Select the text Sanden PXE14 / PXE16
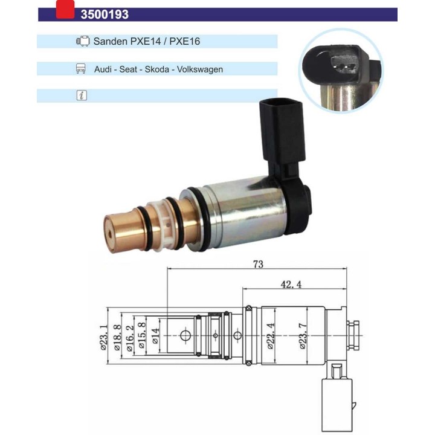pyautogui.click(x=147, y=42)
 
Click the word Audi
pyautogui.click(x=103, y=69)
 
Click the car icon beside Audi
pyautogui.click(x=81, y=69)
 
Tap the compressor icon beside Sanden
pyautogui.click(x=82, y=42)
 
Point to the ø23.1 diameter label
pyautogui.click(x=103, y=338)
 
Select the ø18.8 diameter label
pyautogui.click(x=117, y=338)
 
